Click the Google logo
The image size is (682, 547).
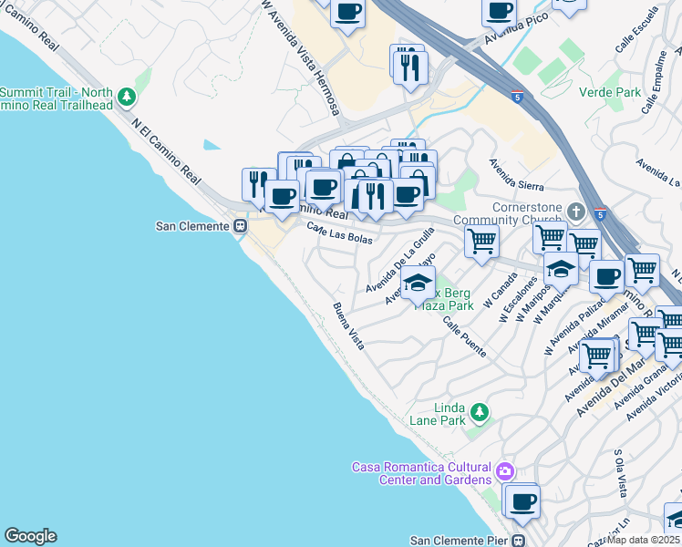pyautogui.click(x=30, y=536)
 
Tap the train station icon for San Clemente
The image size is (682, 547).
pyautogui.click(x=242, y=226)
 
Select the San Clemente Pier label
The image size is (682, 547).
pyautogui.click(x=460, y=540)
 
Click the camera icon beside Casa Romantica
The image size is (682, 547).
pyautogui.click(x=505, y=472)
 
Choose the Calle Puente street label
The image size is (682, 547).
pyautogui.click(x=465, y=336)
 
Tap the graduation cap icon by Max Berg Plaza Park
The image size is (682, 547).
pyautogui.click(x=418, y=282)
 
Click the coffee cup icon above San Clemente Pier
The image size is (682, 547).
pyautogui.click(x=522, y=501)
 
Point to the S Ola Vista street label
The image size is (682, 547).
pyautogui.click(x=621, y=473)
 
